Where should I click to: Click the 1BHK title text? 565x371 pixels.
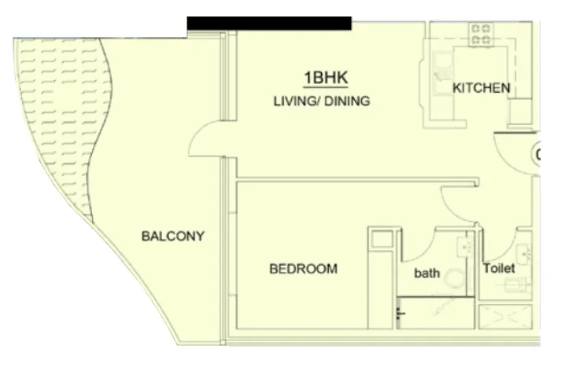[x=326, y=78]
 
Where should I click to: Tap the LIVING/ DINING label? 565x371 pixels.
[x=322, y=101]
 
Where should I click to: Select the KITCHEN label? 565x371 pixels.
[x=482, y=88]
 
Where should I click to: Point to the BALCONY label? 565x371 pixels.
[x=173, y=236]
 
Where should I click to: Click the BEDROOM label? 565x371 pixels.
[x=304, y=269]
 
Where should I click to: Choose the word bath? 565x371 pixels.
[x=427, y=273]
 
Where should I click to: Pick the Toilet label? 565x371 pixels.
[x=499, y=268]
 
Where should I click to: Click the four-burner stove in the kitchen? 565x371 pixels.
[x=481, y=35]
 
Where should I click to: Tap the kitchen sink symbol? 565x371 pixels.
[x=443, y=73]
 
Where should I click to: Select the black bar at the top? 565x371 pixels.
[x=269, y=23]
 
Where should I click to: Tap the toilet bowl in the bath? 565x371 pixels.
[x=454, y=278]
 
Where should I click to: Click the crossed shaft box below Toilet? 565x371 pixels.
[x=505, y=317]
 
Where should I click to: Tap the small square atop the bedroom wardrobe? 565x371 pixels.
[x=382, y=240]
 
